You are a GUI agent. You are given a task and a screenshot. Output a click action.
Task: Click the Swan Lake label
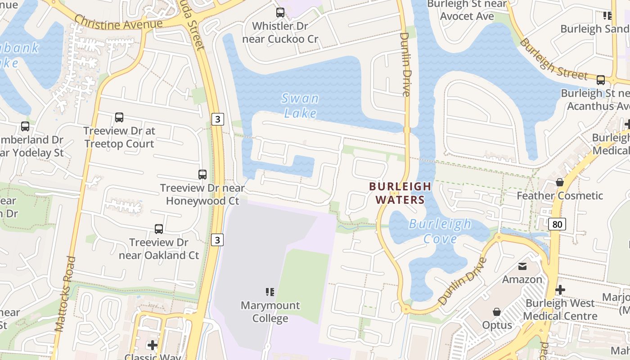click(300, 105)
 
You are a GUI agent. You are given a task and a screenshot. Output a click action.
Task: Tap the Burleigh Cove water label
click(440, 231)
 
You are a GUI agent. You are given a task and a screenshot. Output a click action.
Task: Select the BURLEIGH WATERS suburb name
click(400, 193)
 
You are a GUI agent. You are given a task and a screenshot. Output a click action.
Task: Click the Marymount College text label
click(270, 312)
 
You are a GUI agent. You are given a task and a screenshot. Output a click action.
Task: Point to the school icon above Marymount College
click(270, 292)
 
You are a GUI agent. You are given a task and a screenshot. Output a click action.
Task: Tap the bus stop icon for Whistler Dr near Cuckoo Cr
click(280, 13)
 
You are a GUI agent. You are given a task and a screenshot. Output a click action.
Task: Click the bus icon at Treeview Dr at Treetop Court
click(119, 117)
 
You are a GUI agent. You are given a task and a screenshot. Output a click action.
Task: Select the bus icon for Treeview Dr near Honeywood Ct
click(202, 174)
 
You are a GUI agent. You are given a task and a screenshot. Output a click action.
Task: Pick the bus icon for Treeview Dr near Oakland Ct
click(159, 229)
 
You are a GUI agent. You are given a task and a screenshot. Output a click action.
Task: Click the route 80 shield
click(557, 224)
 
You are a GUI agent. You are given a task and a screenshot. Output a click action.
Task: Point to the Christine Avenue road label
click(118, 23)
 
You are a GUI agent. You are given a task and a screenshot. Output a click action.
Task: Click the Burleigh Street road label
click(553, 59)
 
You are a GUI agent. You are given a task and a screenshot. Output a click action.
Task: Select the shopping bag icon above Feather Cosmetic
click(559, 182)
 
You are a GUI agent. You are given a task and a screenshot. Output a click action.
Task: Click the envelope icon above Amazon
click(522, 266)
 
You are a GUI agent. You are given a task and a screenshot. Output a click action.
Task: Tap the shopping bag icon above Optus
click(497, 312)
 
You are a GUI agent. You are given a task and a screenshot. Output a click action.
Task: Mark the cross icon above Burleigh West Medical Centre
click(560, 290)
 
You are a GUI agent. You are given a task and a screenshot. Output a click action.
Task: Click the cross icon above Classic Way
click(153, 345)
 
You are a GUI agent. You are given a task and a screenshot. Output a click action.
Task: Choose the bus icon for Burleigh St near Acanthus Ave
click(601, 80)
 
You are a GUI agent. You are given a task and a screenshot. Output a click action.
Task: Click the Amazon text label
click(522, 279)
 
